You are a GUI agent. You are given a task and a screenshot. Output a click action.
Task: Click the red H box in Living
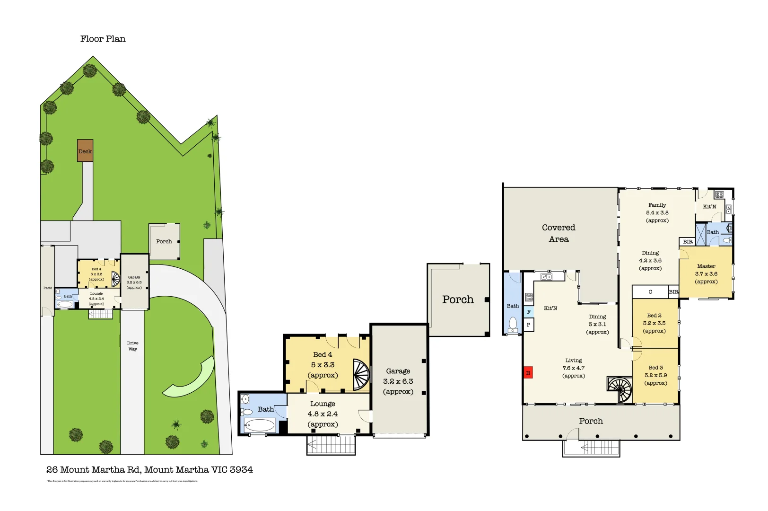[528, 373]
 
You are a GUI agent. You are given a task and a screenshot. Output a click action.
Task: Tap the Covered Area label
[559, 233]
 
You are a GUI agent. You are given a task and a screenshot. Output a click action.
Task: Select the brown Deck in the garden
[85, 151]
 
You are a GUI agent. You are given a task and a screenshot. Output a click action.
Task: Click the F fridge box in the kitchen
[529, 312]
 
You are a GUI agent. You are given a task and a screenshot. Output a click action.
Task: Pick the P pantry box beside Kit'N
[529, 325]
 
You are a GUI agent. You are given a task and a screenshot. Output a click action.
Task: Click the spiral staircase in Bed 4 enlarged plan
[361, 375]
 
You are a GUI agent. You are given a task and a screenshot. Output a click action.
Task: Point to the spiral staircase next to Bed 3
[620, 389]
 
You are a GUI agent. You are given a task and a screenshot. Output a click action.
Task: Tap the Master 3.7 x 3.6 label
[706, 274]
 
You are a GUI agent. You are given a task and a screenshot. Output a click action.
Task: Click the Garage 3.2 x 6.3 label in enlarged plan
[398, 381]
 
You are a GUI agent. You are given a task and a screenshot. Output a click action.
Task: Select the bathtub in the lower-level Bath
[260, 425]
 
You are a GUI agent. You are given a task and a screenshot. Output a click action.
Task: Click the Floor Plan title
[103, 39]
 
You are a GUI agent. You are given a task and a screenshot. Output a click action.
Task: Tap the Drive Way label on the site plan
[132, 346]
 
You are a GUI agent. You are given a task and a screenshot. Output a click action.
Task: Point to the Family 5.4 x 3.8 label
[657, 212]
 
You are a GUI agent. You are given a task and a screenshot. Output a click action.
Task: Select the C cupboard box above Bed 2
[650, 292]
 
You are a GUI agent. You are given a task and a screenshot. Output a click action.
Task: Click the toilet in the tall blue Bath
[513, 325]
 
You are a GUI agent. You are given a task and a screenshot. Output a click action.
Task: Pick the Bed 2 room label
[654, 323]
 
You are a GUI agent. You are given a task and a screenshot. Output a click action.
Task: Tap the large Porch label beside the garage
[458, 300]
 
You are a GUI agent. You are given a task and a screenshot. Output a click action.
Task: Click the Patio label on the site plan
[48, 288]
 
